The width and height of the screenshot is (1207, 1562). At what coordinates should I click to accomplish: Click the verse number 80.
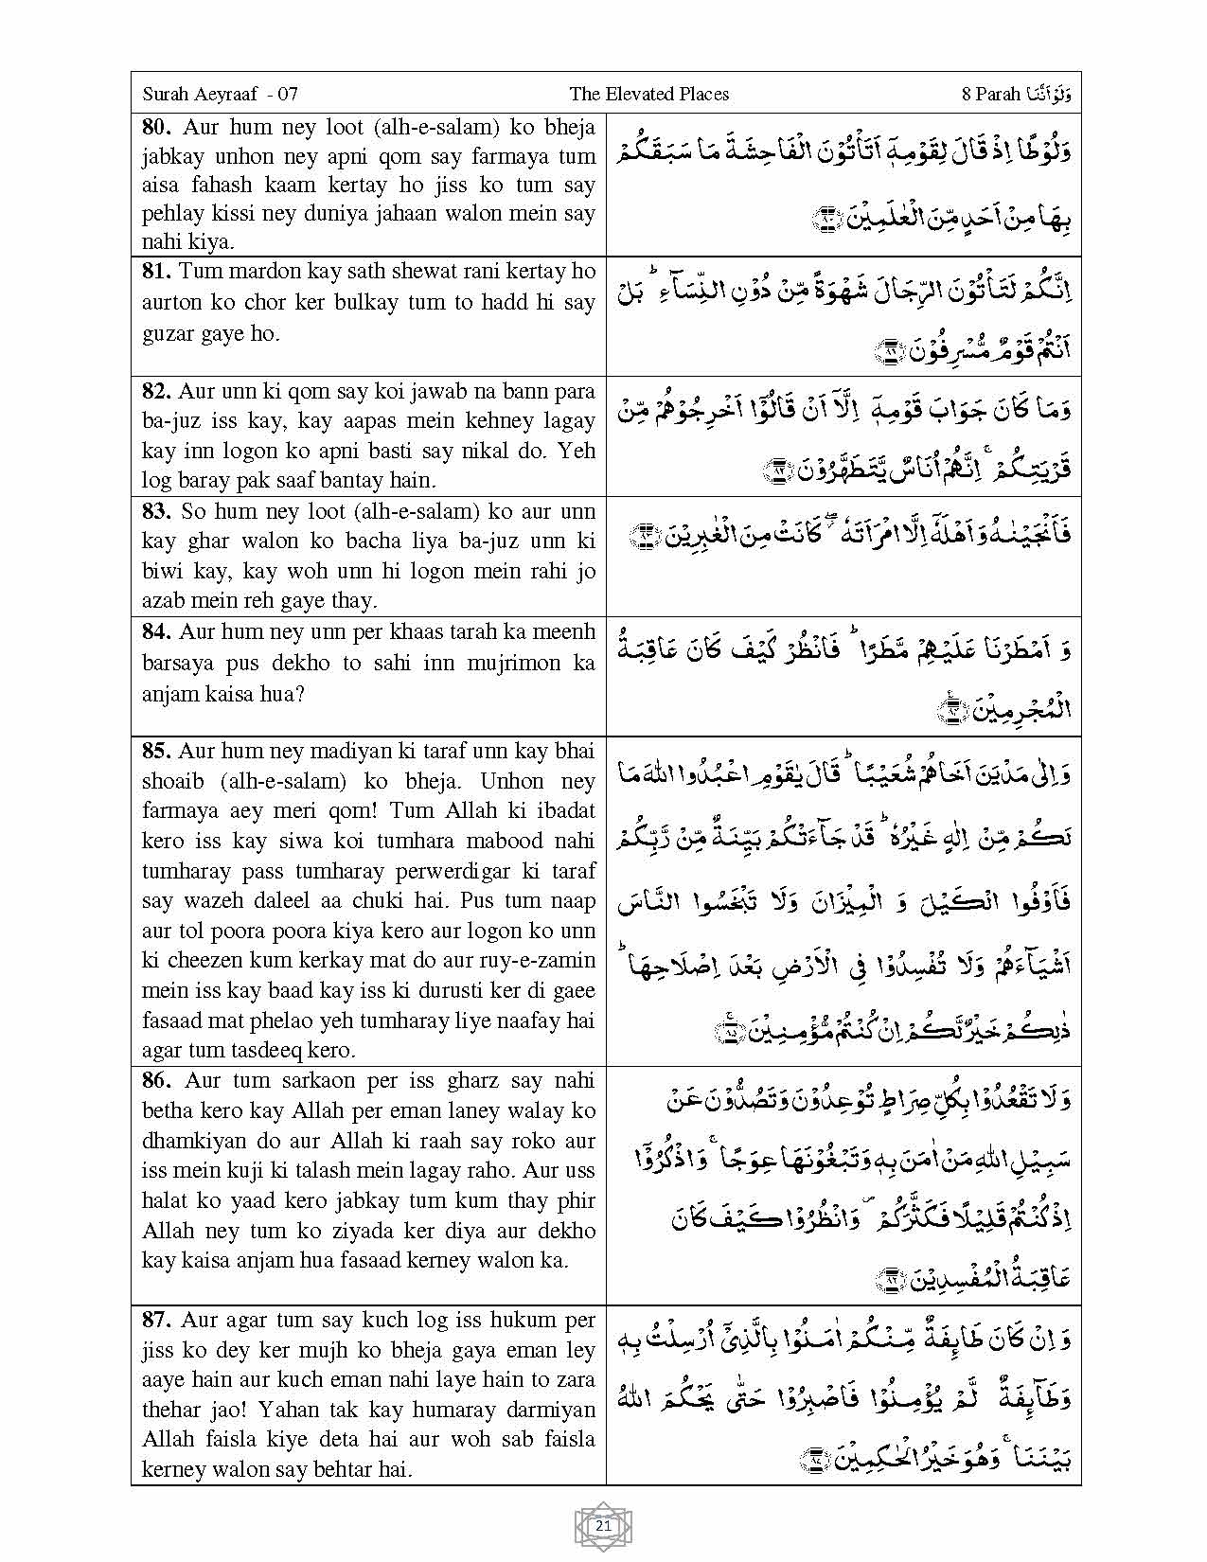pos(158,127)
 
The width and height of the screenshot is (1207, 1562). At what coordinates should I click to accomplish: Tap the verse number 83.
pos(158,511)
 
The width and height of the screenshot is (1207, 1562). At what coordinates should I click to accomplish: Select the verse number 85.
pos(157,751)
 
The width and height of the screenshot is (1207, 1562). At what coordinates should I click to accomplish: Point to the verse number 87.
pos(158,1320)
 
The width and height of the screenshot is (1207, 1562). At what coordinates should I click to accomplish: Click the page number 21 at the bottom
pos(603,1525)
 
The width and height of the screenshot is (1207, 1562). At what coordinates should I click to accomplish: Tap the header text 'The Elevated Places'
pos(648,94)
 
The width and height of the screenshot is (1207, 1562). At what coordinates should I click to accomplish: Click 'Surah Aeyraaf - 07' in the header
pos(221,94)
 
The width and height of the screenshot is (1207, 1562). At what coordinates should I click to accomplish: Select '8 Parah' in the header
pos(990,94)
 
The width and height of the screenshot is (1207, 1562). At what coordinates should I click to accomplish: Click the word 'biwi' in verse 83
pos(163,571)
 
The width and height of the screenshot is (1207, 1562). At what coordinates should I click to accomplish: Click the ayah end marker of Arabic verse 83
pos(646,536)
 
